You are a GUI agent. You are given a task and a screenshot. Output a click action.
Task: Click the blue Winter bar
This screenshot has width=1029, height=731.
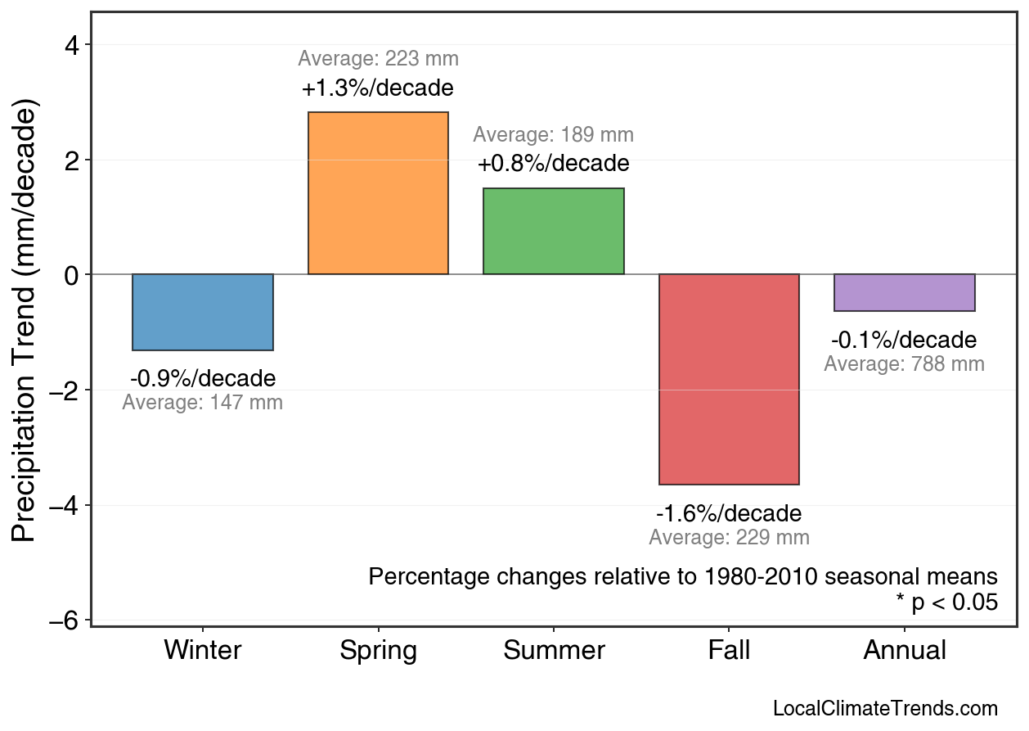(x=203, y=312)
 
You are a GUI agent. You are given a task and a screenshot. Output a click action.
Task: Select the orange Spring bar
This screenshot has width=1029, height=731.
(x=378, y=193)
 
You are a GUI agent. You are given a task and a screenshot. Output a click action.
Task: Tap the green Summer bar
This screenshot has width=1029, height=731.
(x=554, y=232)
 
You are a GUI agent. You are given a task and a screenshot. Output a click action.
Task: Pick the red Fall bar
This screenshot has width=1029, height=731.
(x=729, y=379)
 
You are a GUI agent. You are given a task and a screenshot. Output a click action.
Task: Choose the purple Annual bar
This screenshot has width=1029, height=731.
(x=905, y=292)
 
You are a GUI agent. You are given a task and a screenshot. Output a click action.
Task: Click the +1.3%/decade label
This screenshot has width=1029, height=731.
(x=378, y=88)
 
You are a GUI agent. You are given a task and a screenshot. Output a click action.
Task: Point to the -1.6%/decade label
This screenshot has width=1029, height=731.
(x=729, y=514)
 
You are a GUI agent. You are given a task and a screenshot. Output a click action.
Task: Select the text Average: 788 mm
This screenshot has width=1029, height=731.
(x=904, y=364)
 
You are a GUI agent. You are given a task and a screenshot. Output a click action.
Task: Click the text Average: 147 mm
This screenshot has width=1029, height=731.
(x=203, y=403)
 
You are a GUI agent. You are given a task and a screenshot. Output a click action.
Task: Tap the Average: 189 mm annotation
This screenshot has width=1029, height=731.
(x=554, y=135)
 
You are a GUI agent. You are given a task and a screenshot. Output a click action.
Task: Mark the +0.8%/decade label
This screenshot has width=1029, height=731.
(x=554, y=164)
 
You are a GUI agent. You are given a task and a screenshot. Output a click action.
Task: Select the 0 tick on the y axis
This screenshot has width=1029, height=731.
(x=72, y=275)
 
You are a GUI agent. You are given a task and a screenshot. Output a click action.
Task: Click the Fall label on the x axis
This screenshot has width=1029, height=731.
(x=729, y=651)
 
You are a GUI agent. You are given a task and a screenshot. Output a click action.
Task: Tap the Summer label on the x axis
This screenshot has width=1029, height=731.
(x=554, y=651)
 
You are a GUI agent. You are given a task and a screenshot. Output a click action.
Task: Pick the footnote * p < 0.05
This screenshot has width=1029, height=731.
(x=947, y=603)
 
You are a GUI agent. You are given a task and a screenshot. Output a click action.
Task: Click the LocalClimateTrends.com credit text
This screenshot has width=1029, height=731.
(x=885, y=709)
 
